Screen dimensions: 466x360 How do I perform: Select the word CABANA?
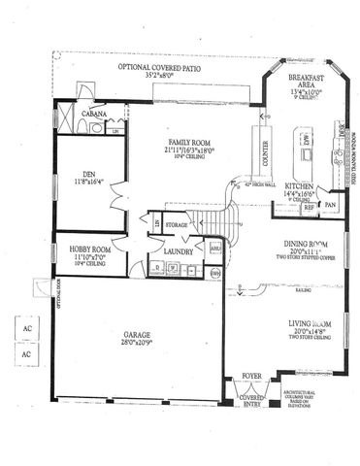[94, 115]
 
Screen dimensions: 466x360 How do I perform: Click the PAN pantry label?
[330, 206]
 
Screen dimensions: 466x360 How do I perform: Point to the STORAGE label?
[176, 224]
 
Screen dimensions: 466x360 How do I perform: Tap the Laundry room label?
[173, 250]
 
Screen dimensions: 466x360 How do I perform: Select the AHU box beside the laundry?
[215, 249]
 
